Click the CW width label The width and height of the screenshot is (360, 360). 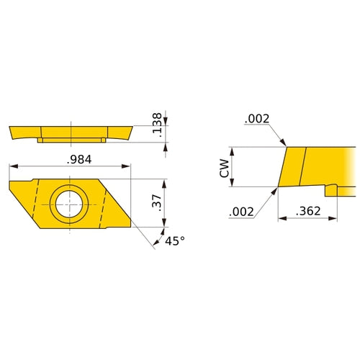224,168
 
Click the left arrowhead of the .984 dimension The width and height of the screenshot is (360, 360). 12,167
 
